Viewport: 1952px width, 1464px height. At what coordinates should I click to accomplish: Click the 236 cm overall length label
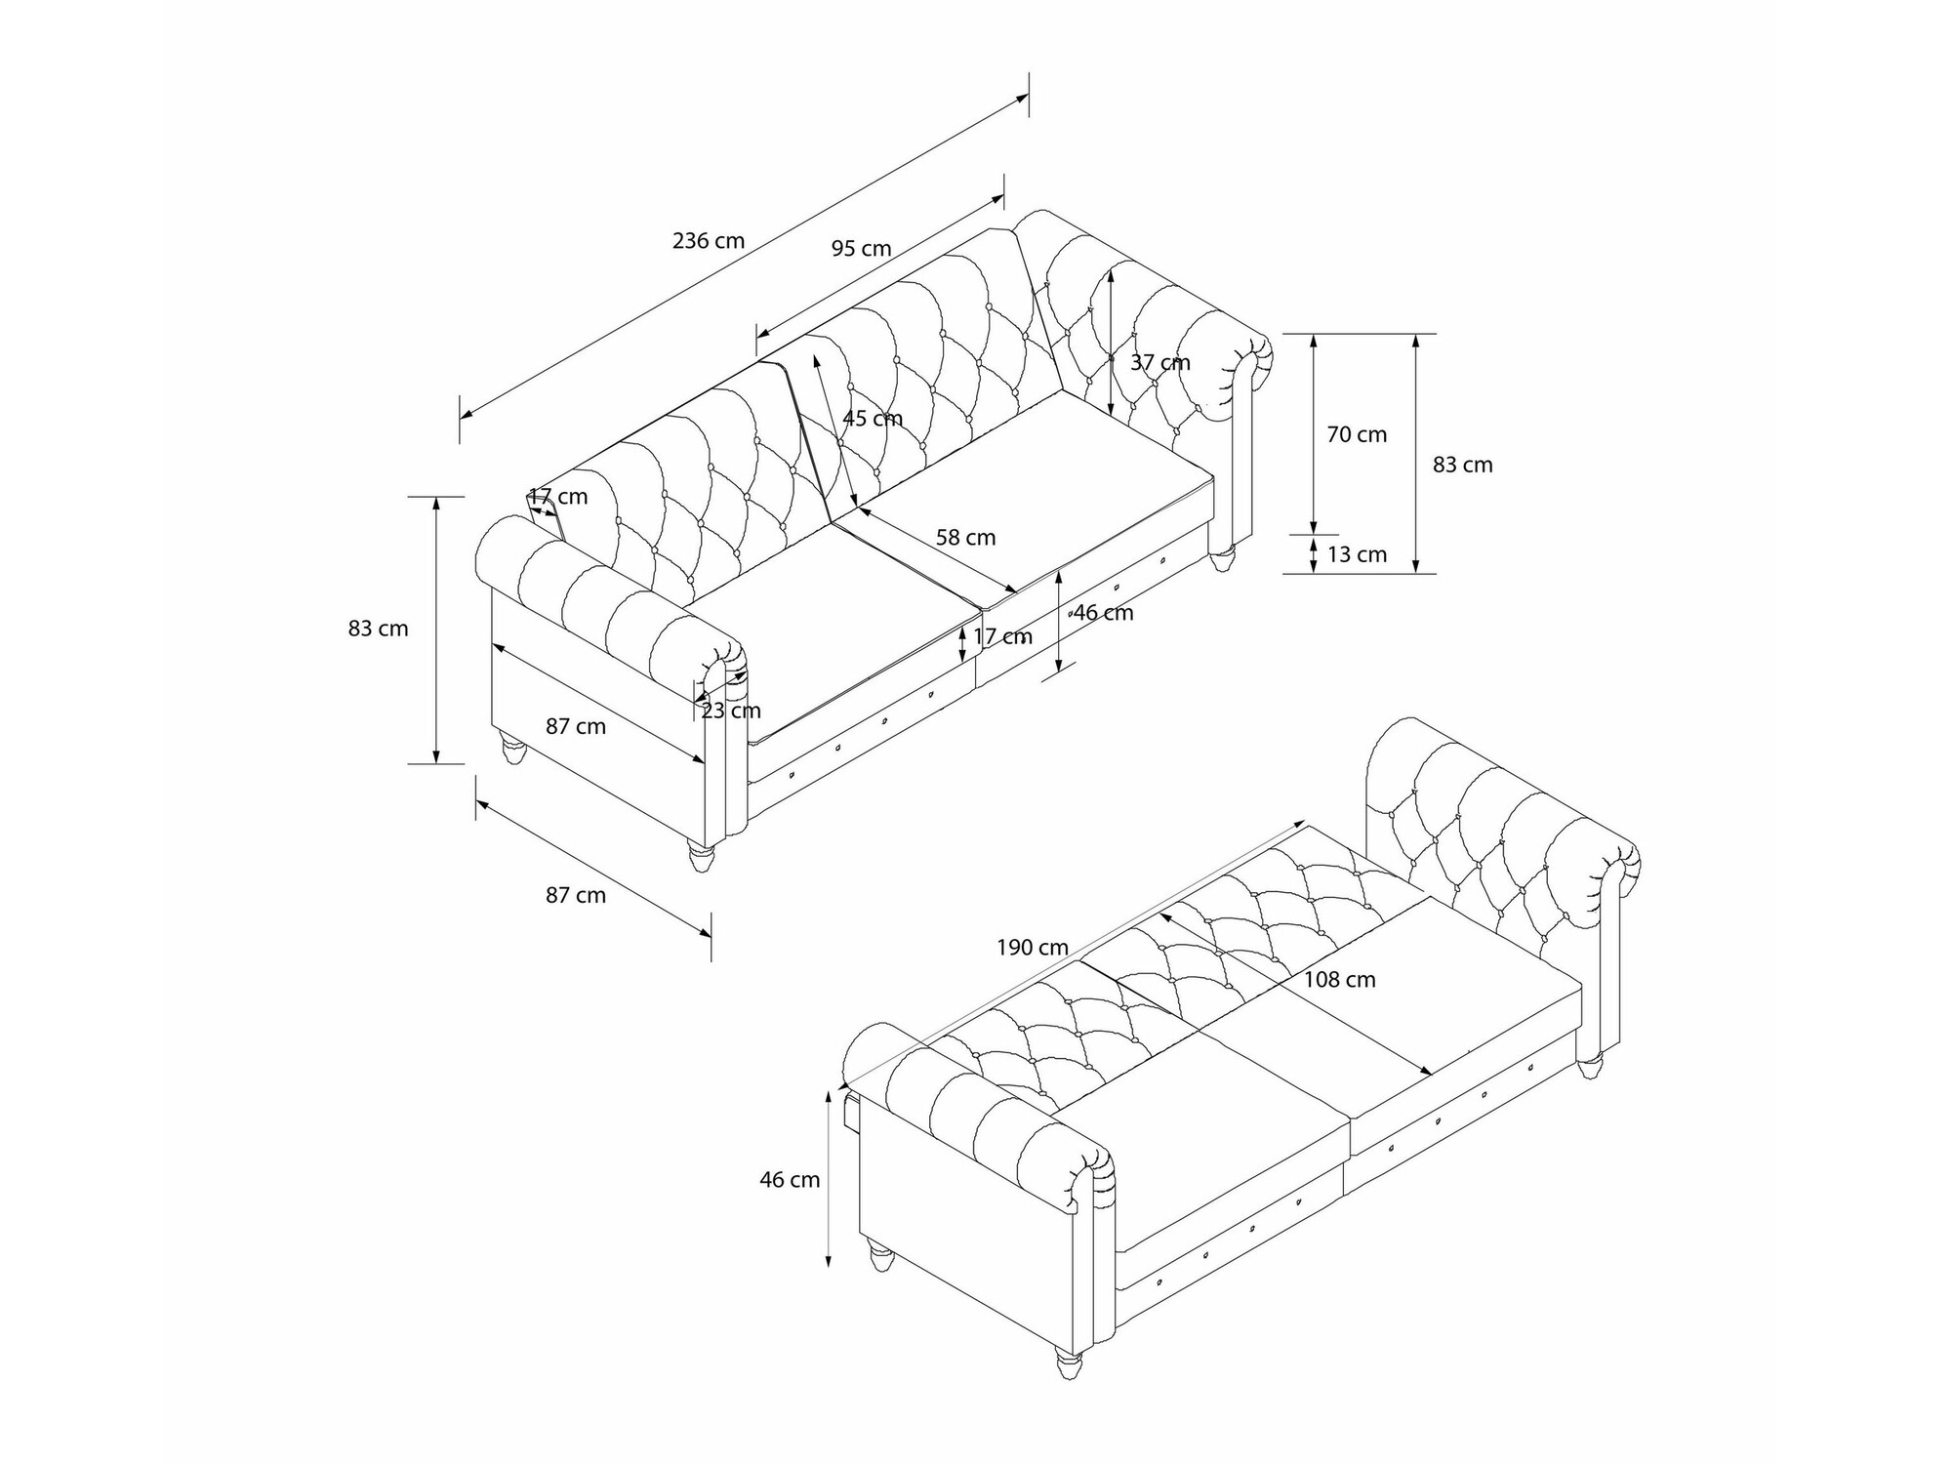click(x=709, y=240)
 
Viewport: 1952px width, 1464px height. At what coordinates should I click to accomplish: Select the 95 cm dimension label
click(x=862, y=249)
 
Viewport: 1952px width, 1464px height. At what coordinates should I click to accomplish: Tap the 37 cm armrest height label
click(x=1160, y=362)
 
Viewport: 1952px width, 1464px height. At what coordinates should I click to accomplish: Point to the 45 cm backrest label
click(x=874, y=419)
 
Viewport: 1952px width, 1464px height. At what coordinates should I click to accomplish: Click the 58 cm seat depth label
click(x=966, y=538)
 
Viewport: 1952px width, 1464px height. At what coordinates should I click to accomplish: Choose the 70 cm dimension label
click(x=1357, y=435)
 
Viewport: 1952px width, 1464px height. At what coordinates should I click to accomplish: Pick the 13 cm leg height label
click(x=1358, y=555)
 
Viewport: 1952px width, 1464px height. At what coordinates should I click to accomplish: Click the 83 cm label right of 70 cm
click(x=1463, y=466)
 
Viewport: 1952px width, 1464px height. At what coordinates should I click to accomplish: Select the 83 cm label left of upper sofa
click(x=379, y=629)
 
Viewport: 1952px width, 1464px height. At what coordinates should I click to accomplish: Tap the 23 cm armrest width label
click(x=731, y=711)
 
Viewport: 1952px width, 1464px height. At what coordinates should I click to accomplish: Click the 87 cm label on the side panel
click(x=576, y=727)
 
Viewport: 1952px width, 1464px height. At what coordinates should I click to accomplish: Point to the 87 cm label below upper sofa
click(x=576, y=895)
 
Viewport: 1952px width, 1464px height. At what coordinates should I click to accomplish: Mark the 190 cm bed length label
click(x=1033, y=948)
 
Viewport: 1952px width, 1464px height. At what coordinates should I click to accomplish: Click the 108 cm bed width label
click(x=1340, y=980)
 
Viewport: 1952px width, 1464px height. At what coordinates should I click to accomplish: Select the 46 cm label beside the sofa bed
click(x=791, y=1180)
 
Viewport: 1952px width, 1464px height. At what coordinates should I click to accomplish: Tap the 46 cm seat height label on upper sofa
click(x=1104, y=613)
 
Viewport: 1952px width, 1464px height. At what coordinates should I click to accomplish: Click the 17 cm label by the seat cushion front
click(x=1002, y=637)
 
